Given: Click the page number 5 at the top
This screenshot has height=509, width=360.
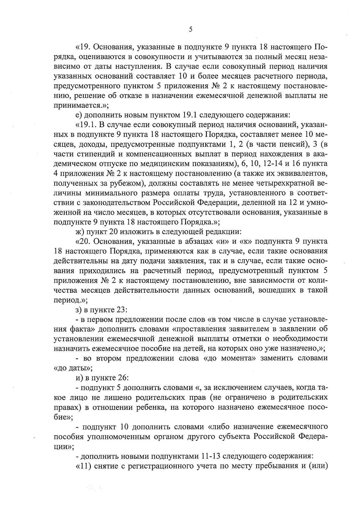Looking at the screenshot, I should pos(190,29).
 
